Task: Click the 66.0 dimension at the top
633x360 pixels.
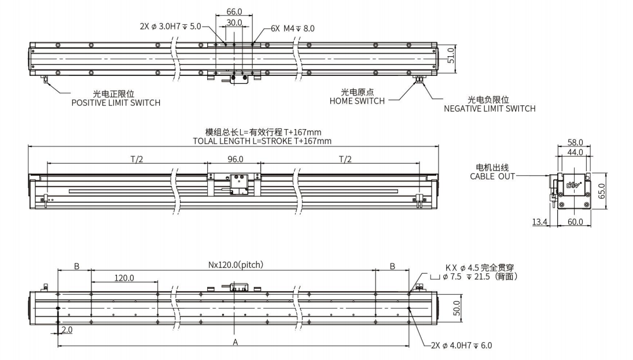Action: (x=234, y=11)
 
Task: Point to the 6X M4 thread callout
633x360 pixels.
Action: (x=293, y=28)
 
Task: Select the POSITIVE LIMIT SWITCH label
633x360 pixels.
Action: (x=116, y=103)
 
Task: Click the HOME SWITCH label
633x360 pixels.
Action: (x=357, y=101)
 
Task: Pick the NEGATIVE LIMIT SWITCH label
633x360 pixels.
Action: (x=490, y=108)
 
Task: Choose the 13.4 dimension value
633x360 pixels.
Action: (x=539, y=222)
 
